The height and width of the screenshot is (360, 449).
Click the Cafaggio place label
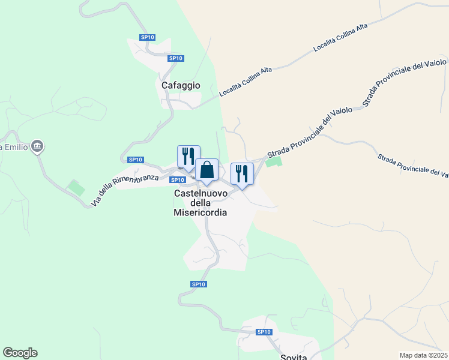[x=181, y=86]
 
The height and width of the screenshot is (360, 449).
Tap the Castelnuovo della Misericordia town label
[x=200, y=203]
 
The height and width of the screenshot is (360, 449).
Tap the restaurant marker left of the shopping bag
[x=188, y=157]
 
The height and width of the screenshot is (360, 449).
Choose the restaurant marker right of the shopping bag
[x=242, y=175]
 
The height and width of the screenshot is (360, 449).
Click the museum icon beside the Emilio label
[x=38, y=146]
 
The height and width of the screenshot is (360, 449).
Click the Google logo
[x=20, y=353]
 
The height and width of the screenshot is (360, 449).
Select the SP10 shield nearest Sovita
[x=264, y=332]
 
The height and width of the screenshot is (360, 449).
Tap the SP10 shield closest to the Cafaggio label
[x=175, y=58]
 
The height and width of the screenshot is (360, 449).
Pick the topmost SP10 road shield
[x=148, y=37]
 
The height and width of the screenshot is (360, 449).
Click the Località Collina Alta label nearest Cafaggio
[x=246, y=82]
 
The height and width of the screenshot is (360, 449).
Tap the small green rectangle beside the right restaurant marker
[x=274, y=161]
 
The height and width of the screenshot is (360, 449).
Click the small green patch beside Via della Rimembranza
[x=76, y=187]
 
